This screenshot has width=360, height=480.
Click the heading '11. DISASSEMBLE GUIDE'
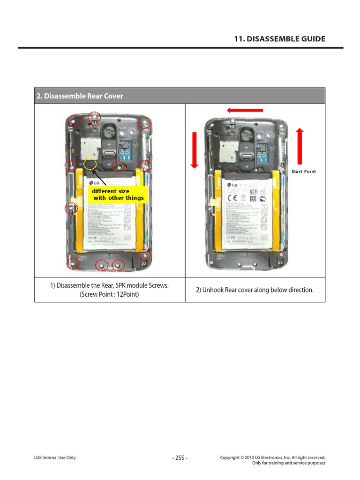pos(279,39)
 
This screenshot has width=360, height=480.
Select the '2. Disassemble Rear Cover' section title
pos(80,96)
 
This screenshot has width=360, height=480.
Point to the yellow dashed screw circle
pos(90,165)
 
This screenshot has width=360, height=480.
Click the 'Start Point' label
pos(303,172)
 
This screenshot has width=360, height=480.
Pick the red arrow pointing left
pos(245,110)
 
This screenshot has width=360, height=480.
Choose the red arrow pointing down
pos(195,150)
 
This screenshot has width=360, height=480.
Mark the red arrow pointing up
pos(300,146)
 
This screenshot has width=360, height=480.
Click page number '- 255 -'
pos(180,458)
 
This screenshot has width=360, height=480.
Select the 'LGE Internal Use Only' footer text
pos(55,458)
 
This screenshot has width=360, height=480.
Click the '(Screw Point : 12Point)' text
pos(109,295)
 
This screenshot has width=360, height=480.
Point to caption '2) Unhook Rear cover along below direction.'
pos(255,290)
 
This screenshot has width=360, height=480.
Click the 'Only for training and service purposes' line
pos(288,463)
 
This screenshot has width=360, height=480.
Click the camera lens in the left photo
pos(109,131)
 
